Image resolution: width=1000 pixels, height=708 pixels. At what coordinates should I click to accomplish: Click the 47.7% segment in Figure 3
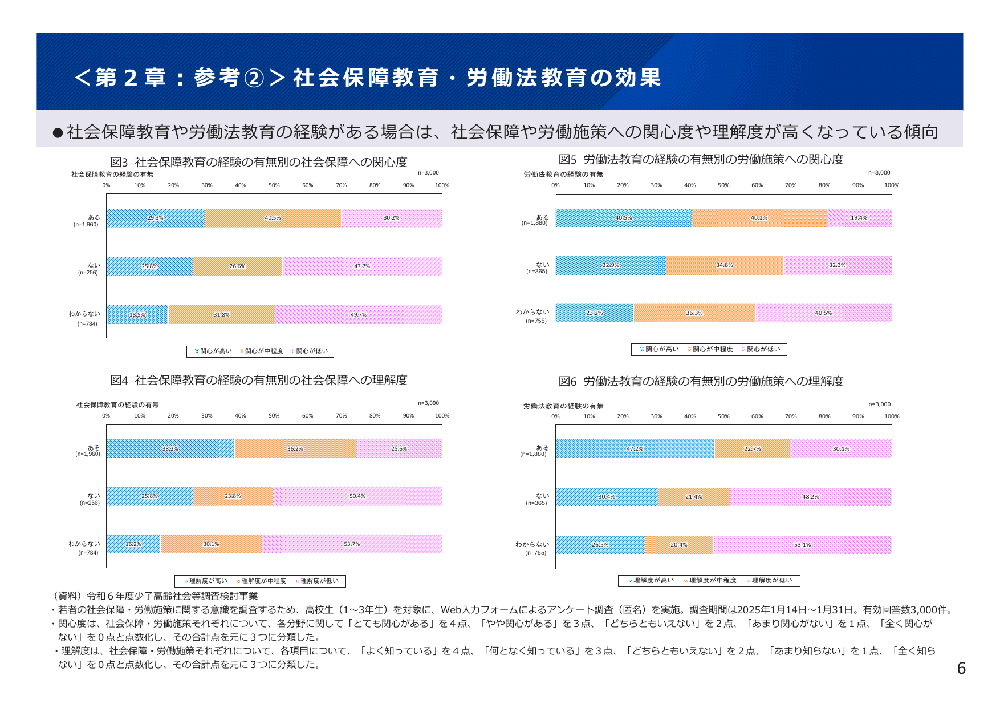coord(362,266)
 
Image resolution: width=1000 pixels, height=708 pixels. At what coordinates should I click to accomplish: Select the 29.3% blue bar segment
coord(155,218)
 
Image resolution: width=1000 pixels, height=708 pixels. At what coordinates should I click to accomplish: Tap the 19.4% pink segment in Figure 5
coord(859,218)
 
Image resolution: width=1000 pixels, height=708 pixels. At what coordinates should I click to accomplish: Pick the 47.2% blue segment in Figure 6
coord(635,449)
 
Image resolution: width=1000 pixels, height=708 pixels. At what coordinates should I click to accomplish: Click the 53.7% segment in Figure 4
coord(352,544)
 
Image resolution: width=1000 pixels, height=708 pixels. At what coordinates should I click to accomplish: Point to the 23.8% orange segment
coord(233,496)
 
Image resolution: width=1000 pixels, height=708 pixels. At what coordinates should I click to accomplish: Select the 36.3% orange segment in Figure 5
coord(694,313)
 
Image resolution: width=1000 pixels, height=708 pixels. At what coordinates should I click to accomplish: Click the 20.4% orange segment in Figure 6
coord(678,545)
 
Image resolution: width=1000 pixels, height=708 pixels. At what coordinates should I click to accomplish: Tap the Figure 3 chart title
coord(258,162)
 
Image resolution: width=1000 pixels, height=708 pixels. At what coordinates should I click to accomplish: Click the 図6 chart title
coord(701,381)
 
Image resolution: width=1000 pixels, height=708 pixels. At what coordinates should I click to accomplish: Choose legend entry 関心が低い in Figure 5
coord(763,349)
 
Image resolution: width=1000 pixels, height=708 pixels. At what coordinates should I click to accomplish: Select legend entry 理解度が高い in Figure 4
coord(208,581)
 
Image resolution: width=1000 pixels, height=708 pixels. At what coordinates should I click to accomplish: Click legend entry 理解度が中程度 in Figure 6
coord(712,581)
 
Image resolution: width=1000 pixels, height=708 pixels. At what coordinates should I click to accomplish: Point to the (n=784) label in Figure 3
coord(87,324)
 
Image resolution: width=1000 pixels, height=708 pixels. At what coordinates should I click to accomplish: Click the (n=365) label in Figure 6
coord(536,503)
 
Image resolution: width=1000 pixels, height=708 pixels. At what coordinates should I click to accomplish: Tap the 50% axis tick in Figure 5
coord(723,185)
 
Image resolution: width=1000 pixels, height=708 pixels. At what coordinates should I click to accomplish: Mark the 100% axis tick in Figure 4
coord(442,416)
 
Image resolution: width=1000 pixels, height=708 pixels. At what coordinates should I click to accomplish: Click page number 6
coord(961,669)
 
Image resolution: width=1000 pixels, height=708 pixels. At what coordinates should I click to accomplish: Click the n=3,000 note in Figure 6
coord(879,404)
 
